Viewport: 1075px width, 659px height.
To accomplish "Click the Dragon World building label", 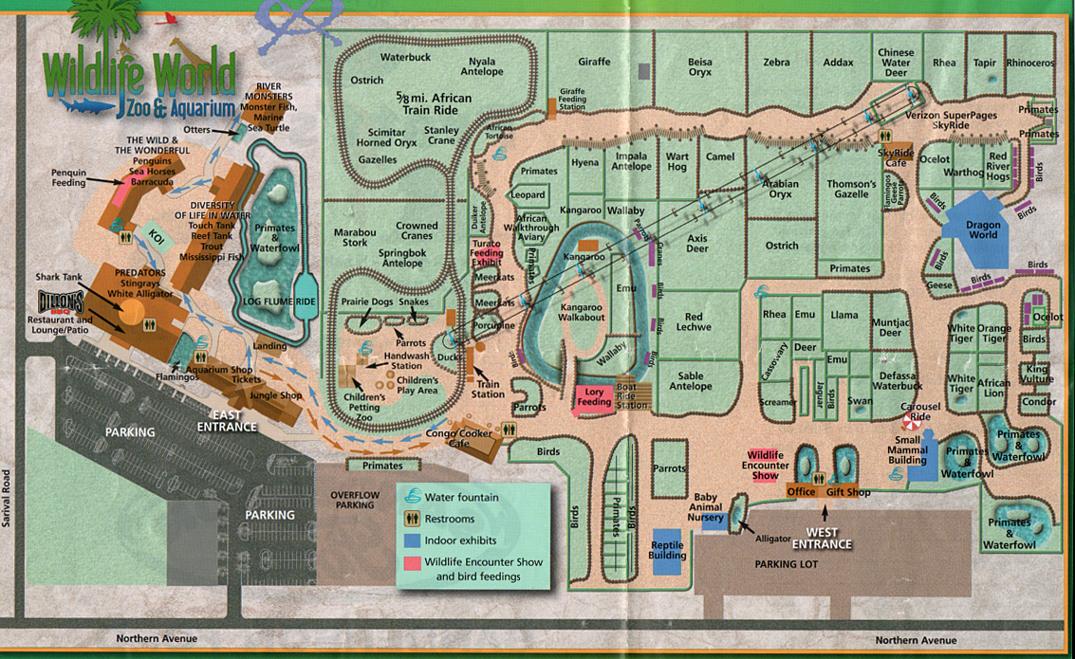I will pyautogui.click(x=983, y=229).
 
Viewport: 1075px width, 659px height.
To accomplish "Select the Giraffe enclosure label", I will pyautogui.click(x=594, y=63).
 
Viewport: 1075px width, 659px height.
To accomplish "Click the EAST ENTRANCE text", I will pyautogui.click(x=228, y=421).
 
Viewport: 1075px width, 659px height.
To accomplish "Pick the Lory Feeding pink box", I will pyautogui.click(x=595, y=395).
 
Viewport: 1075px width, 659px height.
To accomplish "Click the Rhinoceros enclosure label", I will pyautogui.click(x=1029, y=64).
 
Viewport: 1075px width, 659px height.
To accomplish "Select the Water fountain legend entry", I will pyautogui.click(x=461, y=496).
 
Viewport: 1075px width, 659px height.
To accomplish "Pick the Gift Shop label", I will pyautogui.click(x=847, y=492).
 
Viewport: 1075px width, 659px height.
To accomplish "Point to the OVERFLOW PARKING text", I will pyautogui.click(x=355, y=500).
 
